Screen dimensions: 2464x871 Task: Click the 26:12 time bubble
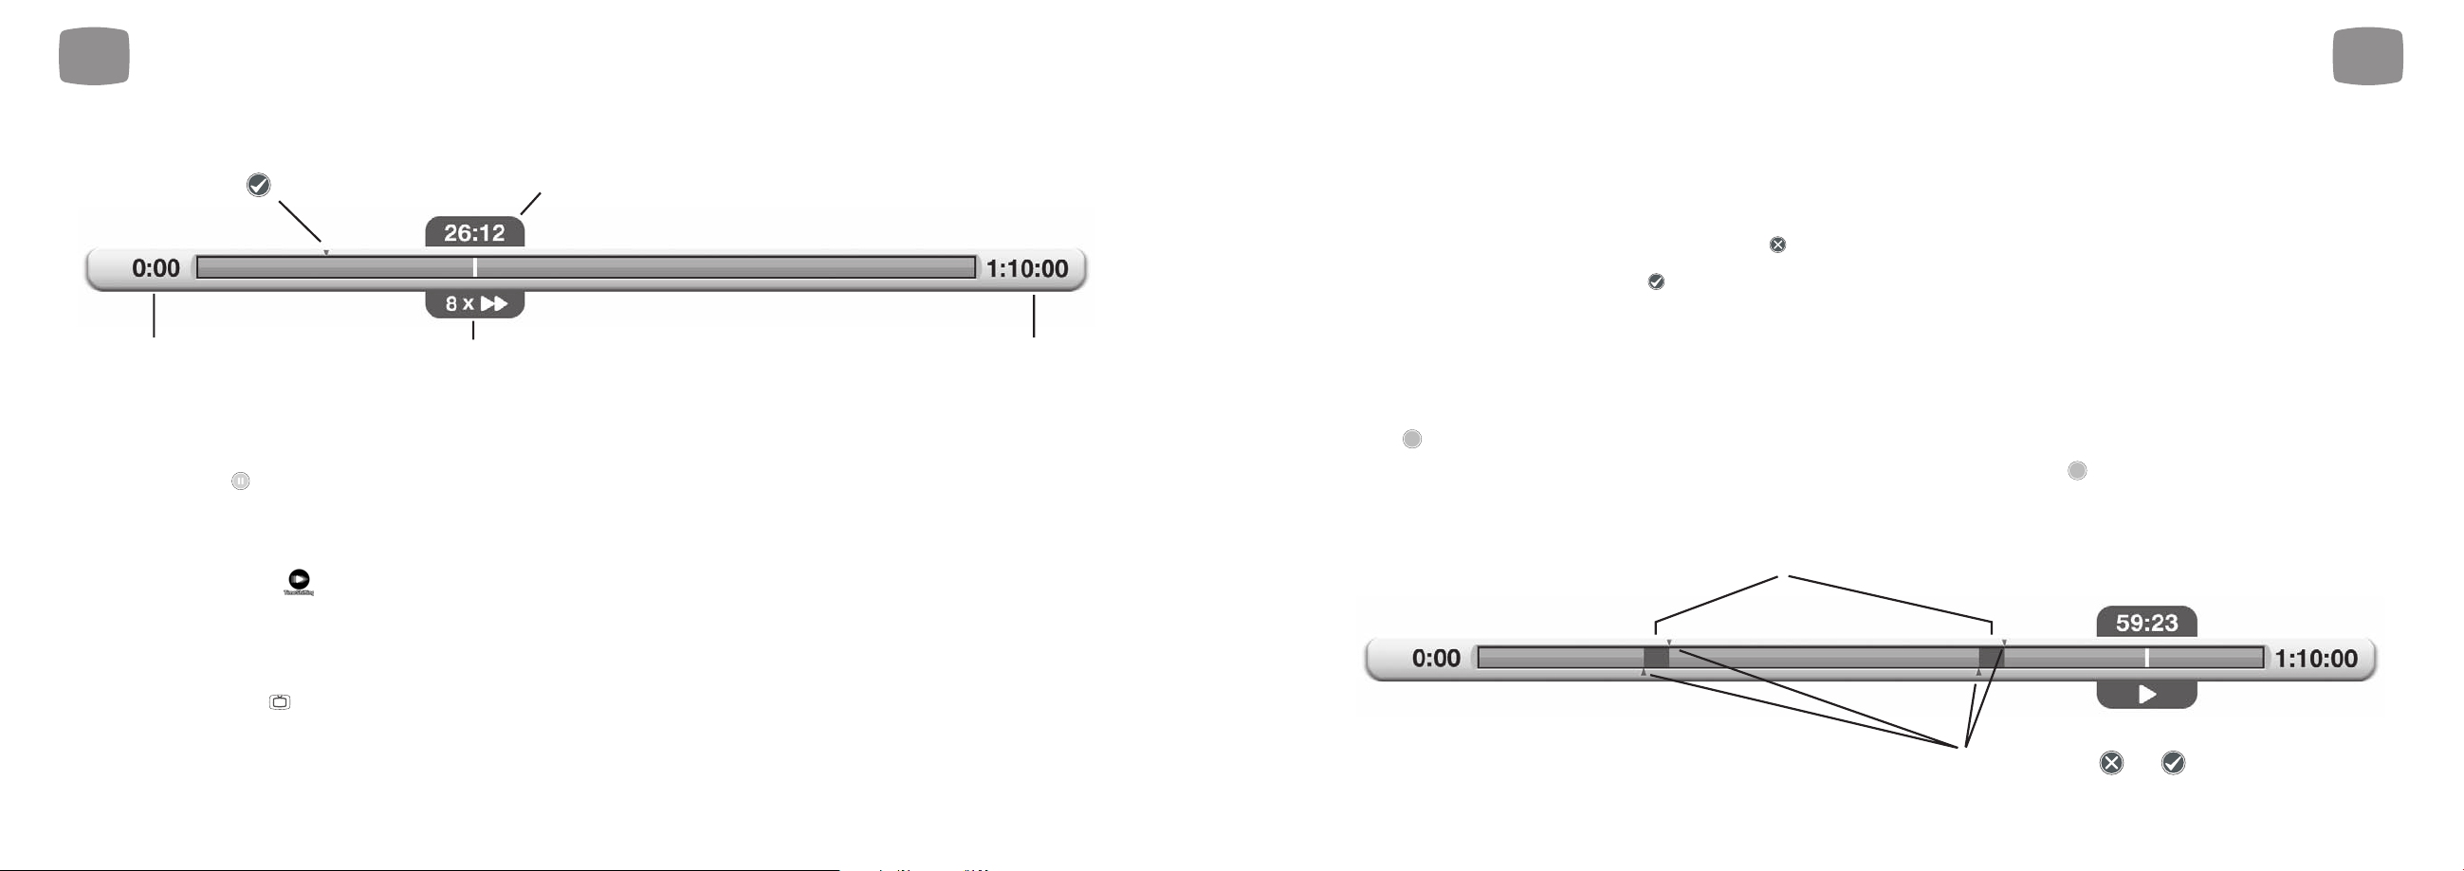point(474,232)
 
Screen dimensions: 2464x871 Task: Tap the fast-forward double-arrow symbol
point(494,304)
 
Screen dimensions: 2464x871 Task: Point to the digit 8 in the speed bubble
point(451,304)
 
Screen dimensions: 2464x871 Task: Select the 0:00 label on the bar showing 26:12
point(156,268)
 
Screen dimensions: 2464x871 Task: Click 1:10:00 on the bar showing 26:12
point(1027,268)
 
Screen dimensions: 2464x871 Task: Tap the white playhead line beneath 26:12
point(474,267)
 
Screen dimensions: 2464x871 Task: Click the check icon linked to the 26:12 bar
point(258,185)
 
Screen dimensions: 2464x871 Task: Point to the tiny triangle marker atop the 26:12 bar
point(326,253)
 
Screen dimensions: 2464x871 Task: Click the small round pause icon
point(240,481)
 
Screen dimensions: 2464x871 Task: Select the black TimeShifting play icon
point(300,579)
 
